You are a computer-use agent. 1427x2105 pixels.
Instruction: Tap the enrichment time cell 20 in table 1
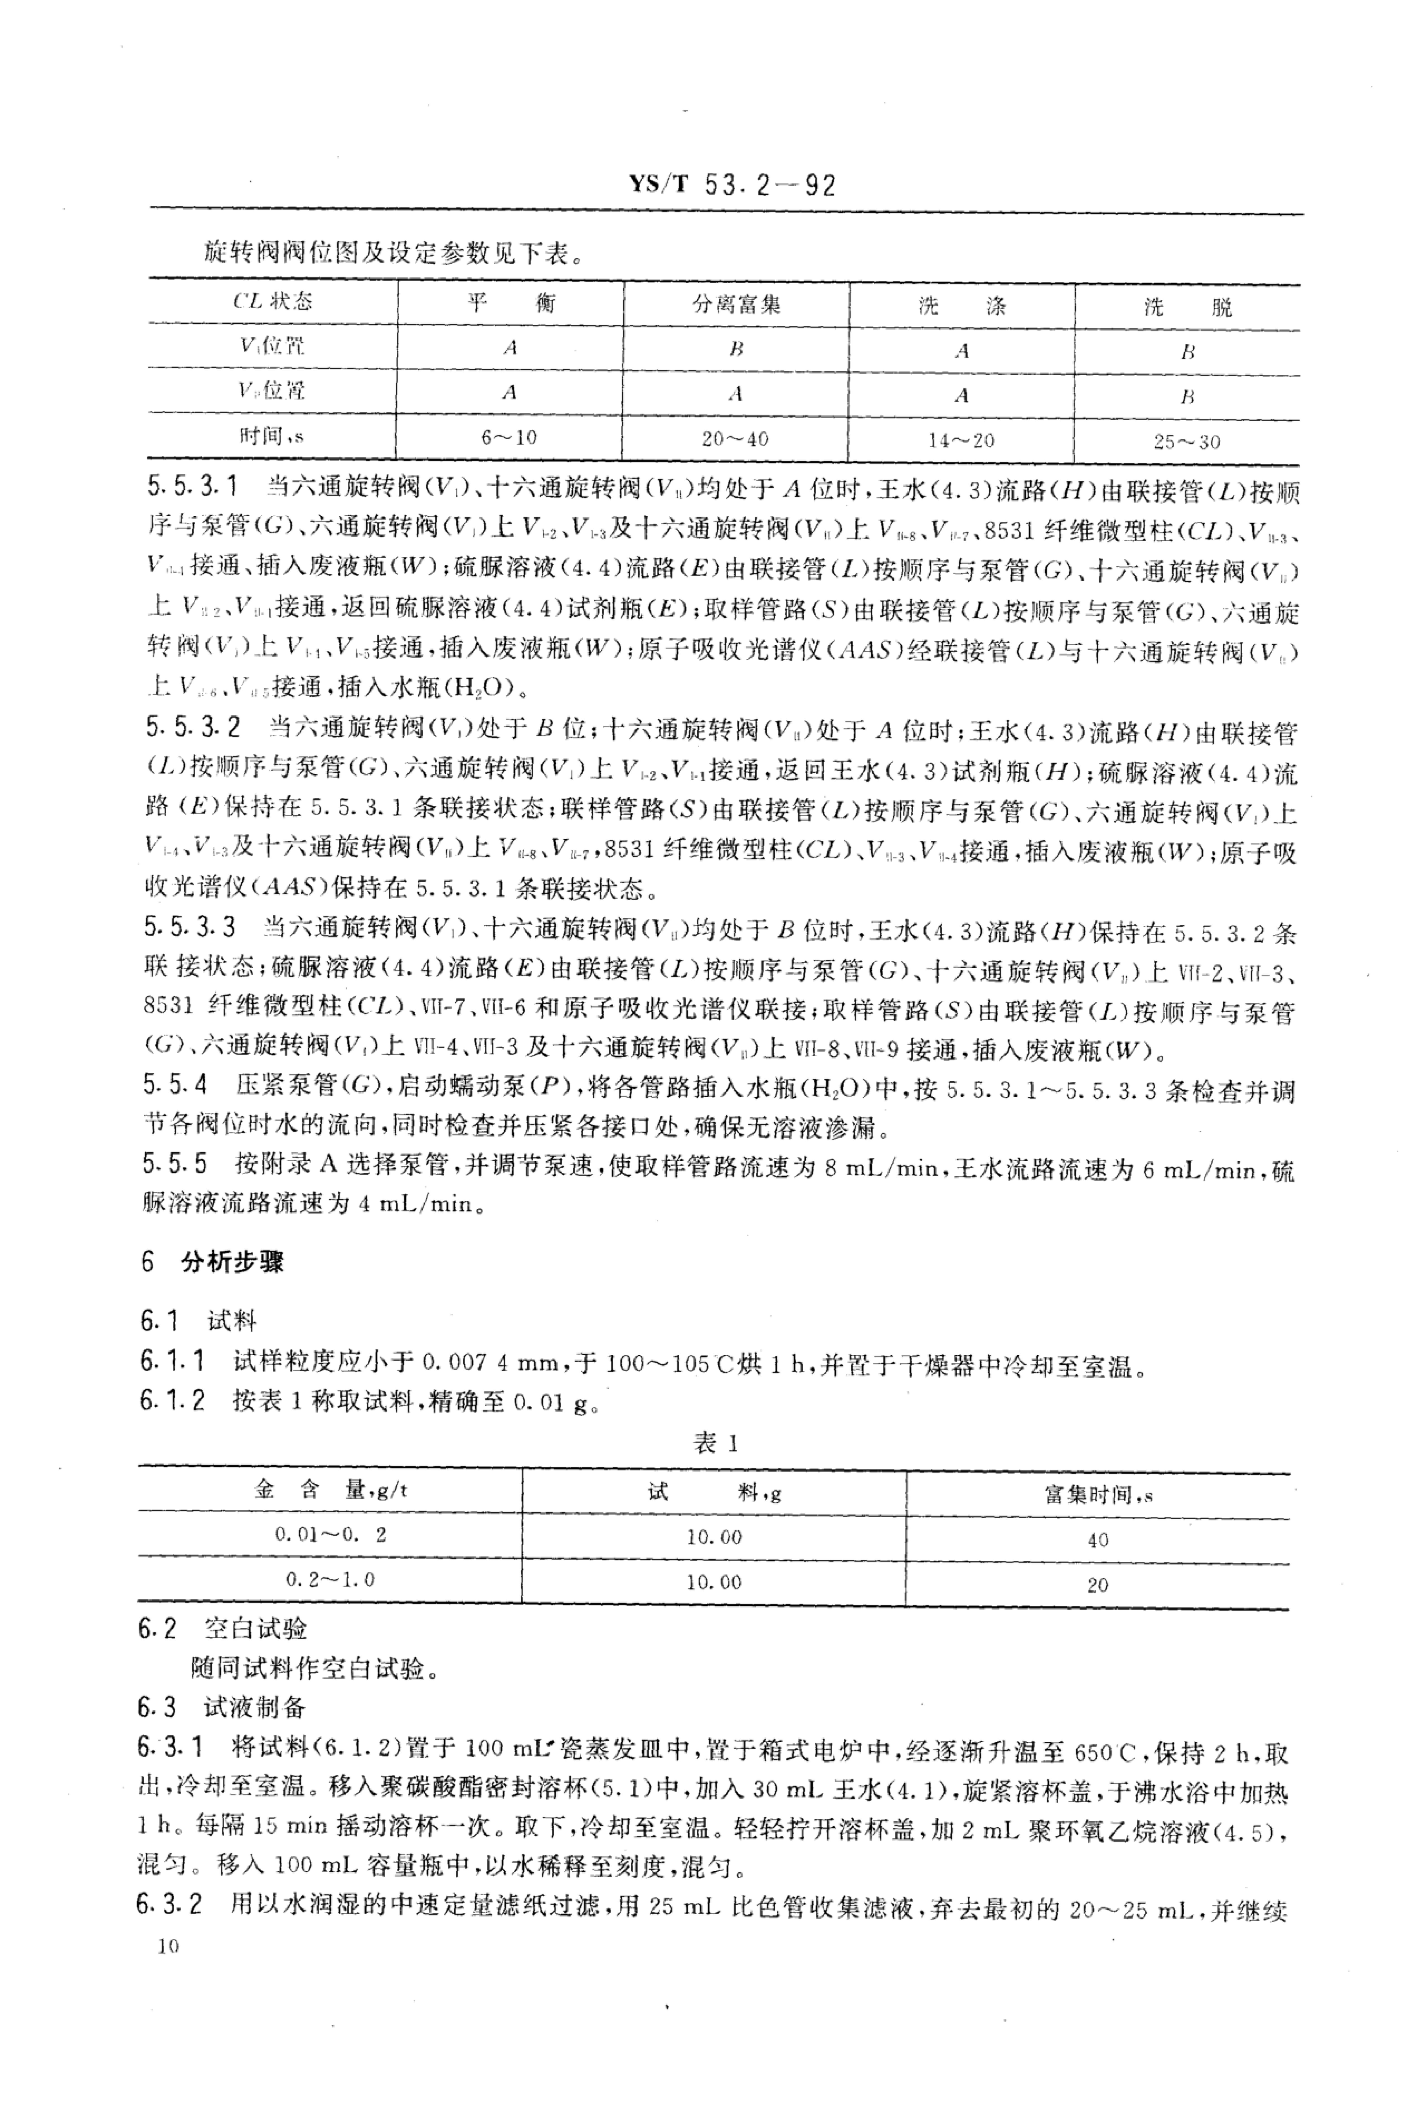click(x=1097, y=1585)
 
